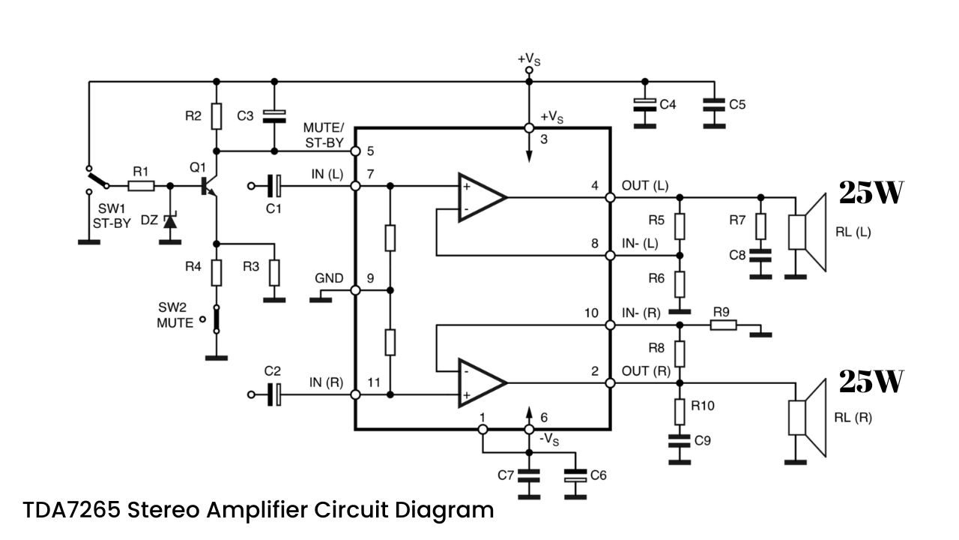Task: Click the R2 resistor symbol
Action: pos(217,116)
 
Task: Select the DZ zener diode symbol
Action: pos(170,221)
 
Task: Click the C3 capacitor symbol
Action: pos(274,116)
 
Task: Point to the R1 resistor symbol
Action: pos(142,186)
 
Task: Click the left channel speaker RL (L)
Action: pos(808,232)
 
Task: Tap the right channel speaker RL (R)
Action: pos(808,418)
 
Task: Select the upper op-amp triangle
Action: pos(482,197)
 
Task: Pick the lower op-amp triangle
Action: pos(482,382)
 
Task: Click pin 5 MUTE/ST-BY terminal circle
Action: pos(355,151)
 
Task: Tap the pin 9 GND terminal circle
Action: pos(355,290)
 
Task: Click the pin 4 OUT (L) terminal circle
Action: pos(611,197)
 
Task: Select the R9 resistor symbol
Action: pos(724,325)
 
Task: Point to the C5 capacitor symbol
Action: pos(714,105)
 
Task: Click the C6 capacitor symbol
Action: pos(575,475)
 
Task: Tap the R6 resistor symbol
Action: pos(680,284)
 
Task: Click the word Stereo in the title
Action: pos(163,510)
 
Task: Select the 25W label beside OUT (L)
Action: pos(871,193)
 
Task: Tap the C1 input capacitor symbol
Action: pos(274,186)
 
